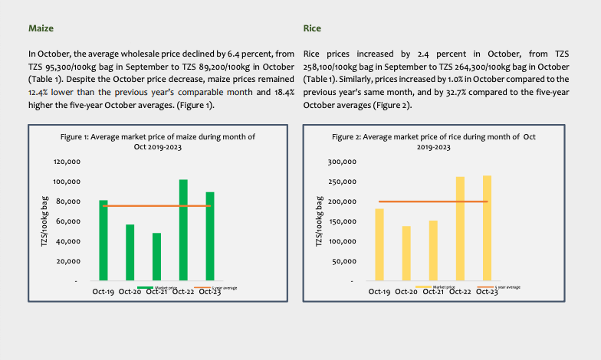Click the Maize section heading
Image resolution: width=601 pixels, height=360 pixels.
(41, 28)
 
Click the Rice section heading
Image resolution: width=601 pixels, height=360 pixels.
(312, 28)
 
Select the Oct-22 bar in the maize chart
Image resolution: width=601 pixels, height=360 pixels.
(183, 230)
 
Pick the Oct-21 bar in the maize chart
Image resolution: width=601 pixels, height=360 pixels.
(156, 257)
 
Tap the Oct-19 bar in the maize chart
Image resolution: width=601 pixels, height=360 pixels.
(103, 241)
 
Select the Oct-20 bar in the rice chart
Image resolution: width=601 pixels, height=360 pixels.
(406, 254)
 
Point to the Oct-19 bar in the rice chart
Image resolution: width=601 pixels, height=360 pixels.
(379, 245)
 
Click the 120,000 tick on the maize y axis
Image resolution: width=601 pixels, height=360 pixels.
(67, 162)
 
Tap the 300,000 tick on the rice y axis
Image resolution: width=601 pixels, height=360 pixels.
(342, 162)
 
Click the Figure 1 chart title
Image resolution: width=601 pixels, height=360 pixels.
(157, 141)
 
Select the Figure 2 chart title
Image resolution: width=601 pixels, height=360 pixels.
(433, 141)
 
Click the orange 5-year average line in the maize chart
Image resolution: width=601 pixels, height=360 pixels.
(130, 206)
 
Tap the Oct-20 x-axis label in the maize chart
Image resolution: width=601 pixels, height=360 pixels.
(128, 292)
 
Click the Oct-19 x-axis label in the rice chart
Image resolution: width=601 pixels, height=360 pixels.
(379, 292)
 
